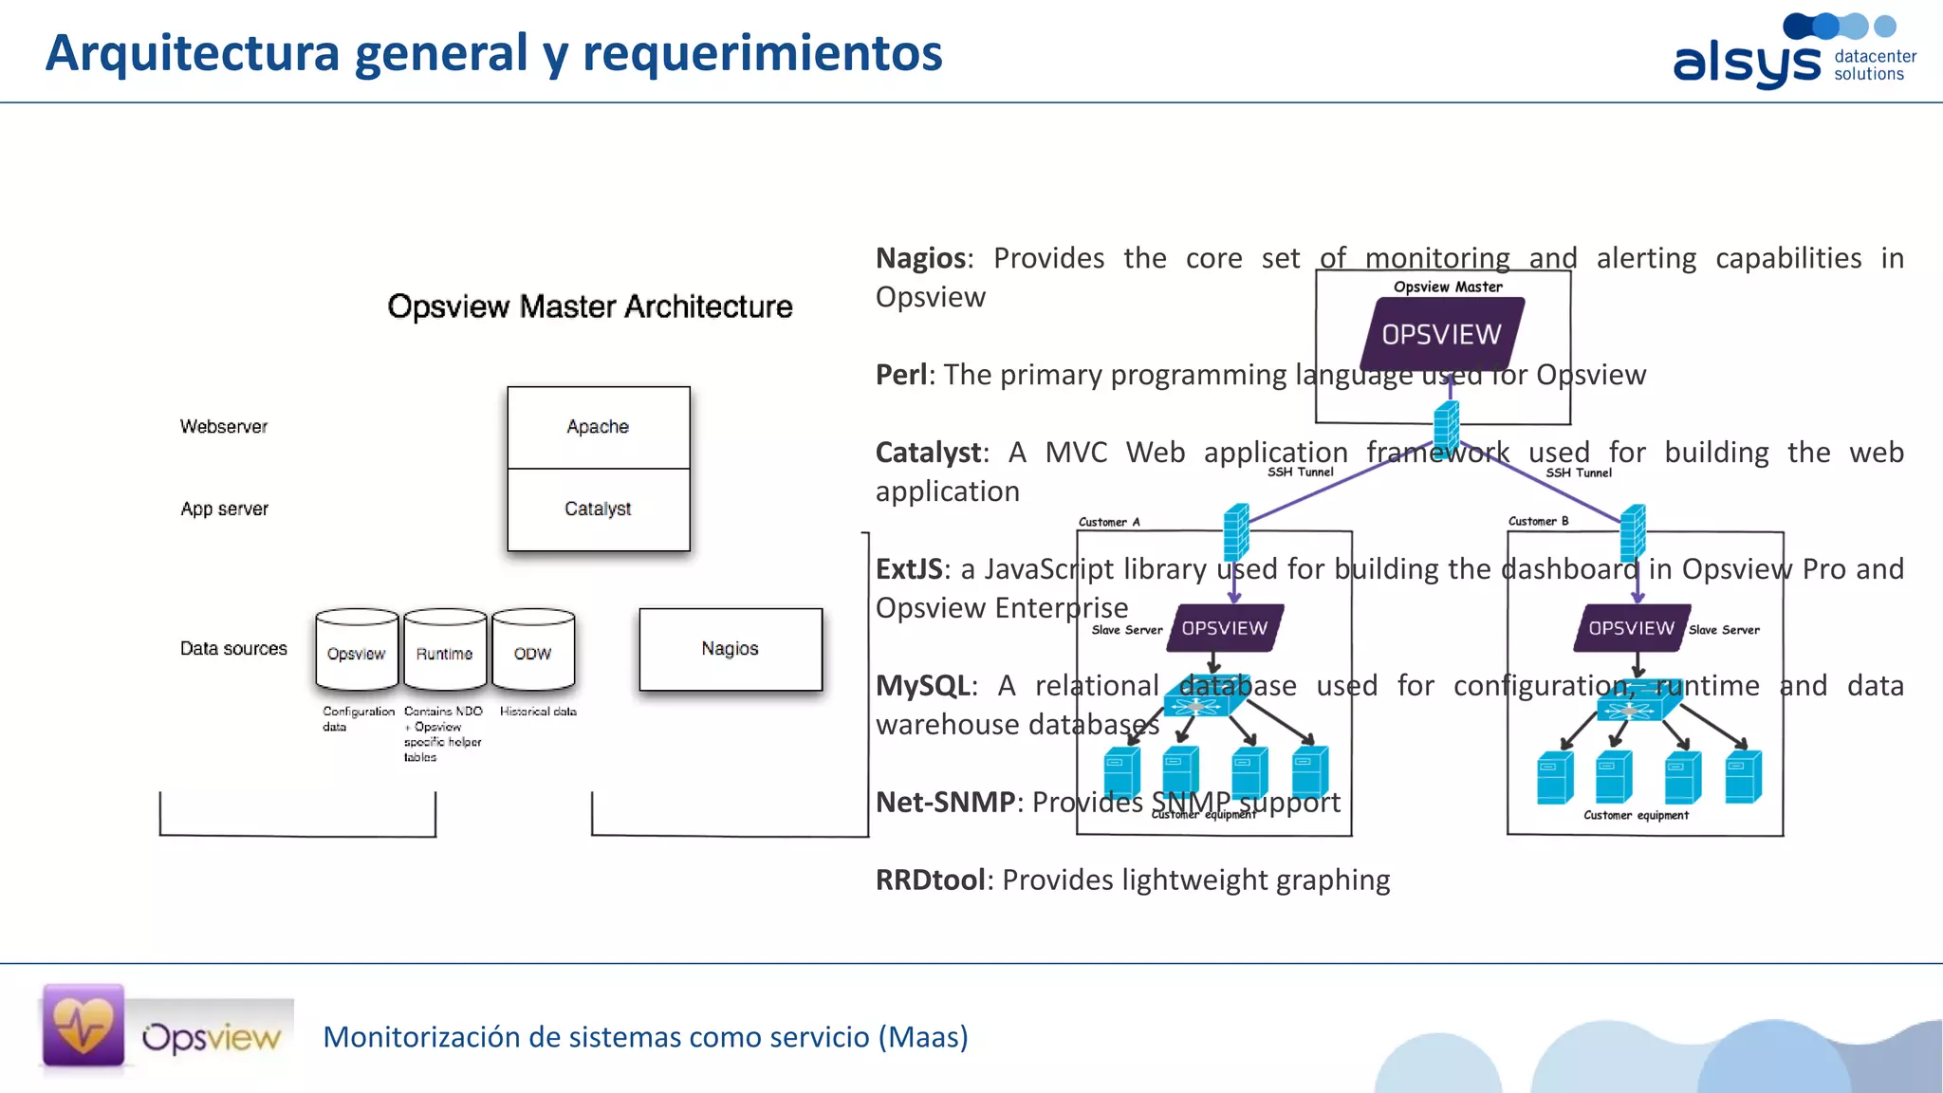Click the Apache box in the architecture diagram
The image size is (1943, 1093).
[598, 427]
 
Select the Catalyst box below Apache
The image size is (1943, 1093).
[598, 509]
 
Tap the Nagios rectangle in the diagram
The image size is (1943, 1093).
[730, 649]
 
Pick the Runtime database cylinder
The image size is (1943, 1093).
[444, 651]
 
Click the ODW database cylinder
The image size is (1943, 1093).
[532, 651]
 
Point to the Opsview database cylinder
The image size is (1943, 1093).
[356, 651]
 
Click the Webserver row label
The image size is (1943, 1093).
[224, 427]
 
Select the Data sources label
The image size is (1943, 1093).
[233, 649]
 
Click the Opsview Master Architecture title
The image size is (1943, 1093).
[589, 306]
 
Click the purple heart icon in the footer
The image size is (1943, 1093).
[83, 1026]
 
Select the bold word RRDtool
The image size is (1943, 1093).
[930, 880]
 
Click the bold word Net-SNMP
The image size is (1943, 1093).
[945, 803]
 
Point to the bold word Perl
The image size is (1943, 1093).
[900, 375]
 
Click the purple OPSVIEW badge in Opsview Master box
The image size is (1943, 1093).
[1441, 334]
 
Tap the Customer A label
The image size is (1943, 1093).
[1108, 522]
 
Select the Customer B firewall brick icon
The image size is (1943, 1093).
[1633, 533]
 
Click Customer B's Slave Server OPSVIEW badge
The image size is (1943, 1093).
[1631, 628]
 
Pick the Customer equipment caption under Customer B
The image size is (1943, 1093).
[1636, 815]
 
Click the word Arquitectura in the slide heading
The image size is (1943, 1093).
[192, 53]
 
